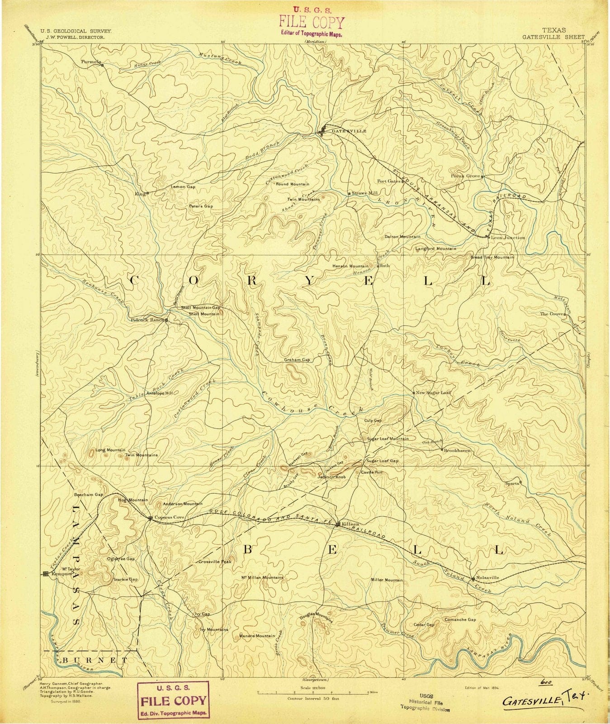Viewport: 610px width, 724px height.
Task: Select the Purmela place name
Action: [x=91, y=61]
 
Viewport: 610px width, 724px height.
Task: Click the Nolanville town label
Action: [x=487, y=577]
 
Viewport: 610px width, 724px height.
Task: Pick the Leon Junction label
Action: [x=508, y=237]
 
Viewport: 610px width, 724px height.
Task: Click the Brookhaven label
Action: [x=457, y=451]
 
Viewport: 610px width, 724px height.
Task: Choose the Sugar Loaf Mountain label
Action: [x=388, y=438]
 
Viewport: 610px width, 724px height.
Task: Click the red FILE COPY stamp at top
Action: [x=311, y=23]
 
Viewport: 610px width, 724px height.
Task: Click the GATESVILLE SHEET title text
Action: [x=553, y=37]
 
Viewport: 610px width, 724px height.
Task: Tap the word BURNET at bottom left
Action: [x=95, y=661]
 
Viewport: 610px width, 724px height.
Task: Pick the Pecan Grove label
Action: [x=464, y=176]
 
